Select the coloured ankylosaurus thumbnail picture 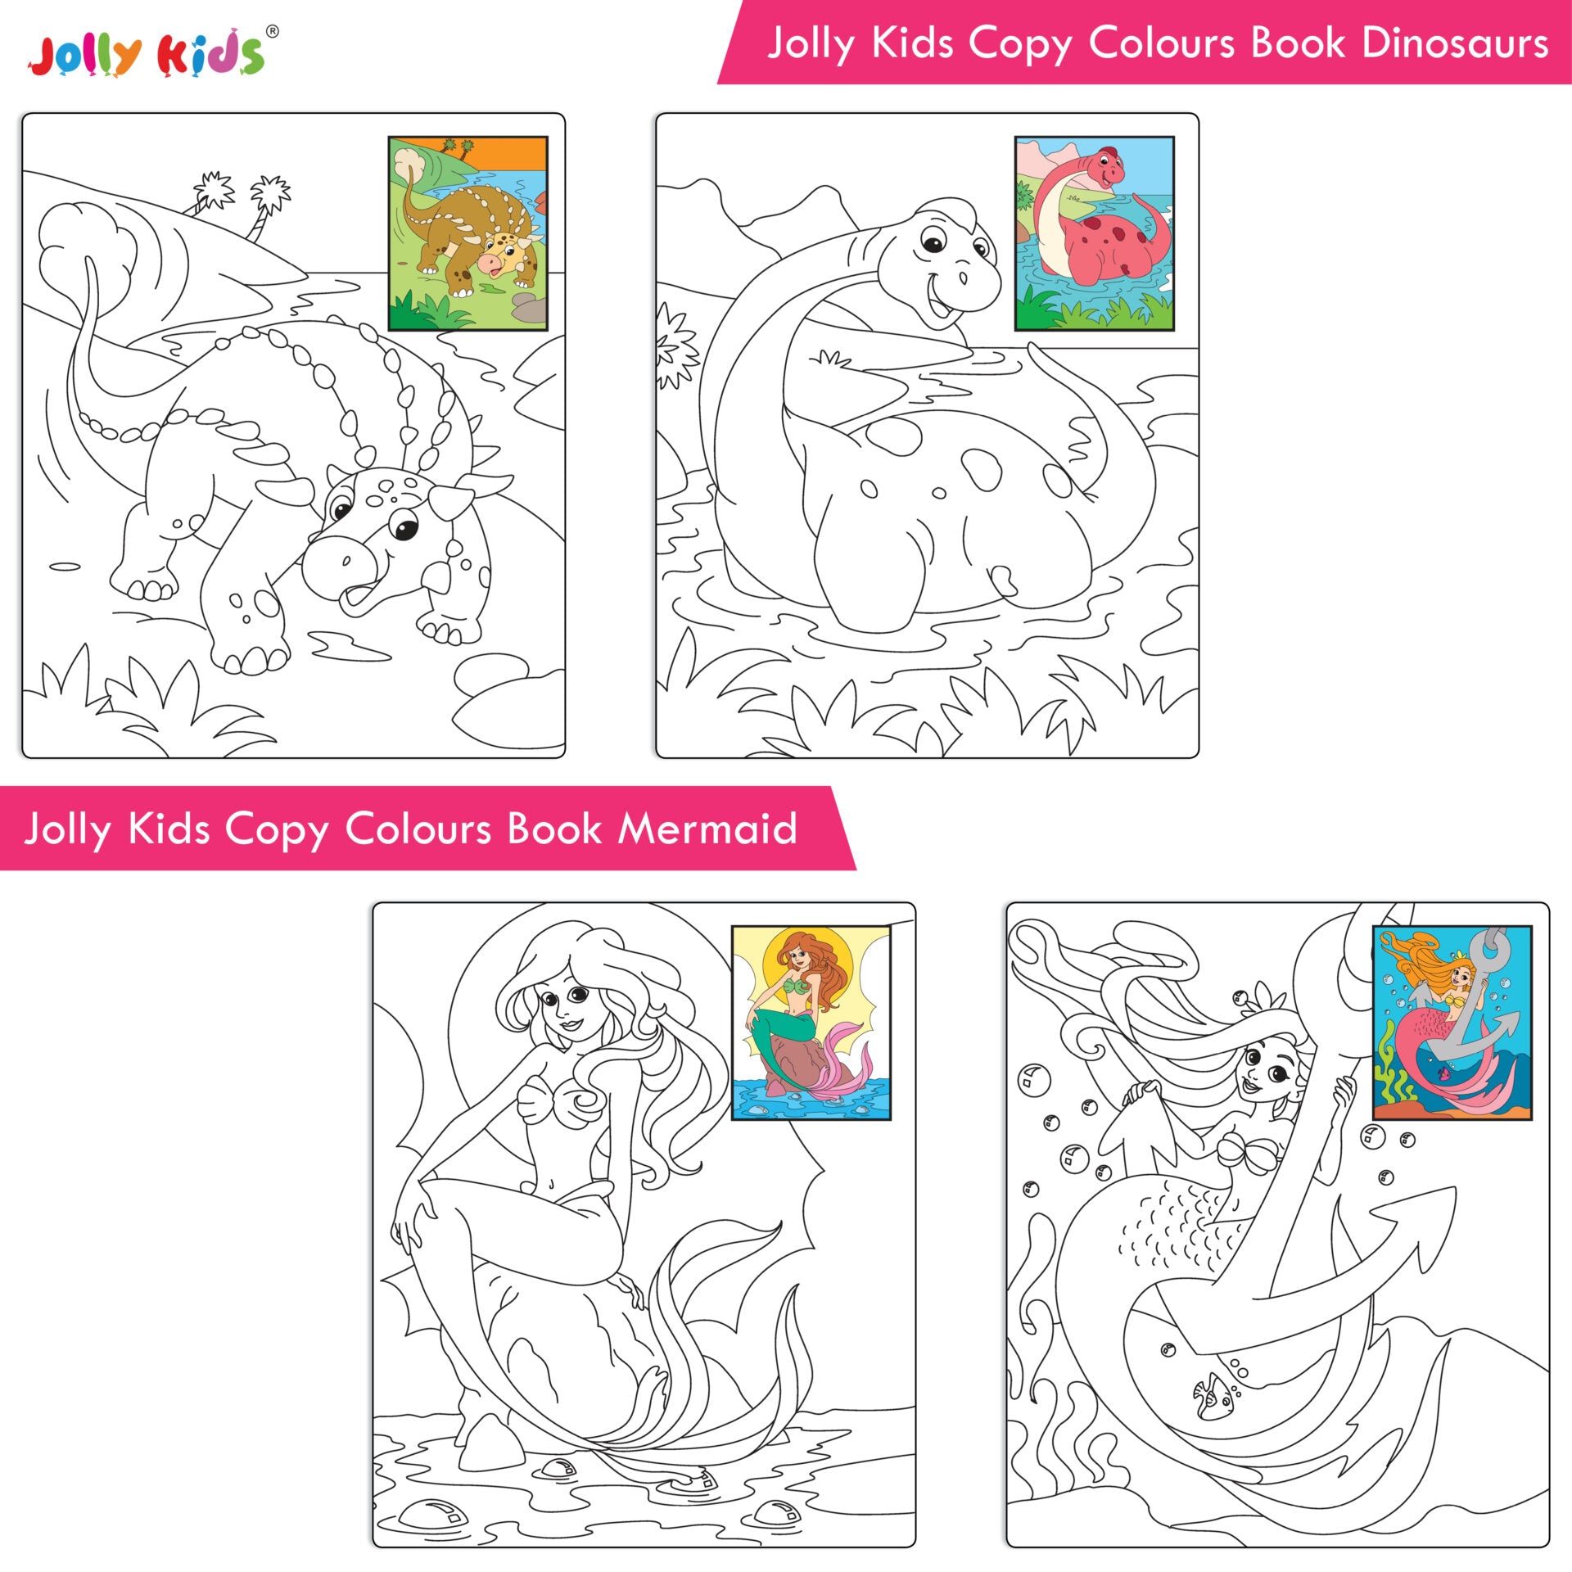tap(468, 233)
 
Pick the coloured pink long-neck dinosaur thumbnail tap(1095, 233)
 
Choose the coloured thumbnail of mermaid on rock tap(811, 1023)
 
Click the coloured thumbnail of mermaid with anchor tap(1452, 1023)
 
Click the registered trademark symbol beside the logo tap(273, 32)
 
